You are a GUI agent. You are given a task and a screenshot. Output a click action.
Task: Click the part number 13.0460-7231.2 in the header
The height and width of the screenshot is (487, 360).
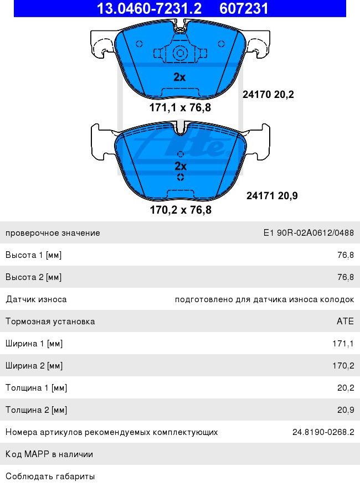click(149, 8)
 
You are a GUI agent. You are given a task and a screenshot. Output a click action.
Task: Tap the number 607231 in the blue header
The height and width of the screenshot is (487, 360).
click(244, 8)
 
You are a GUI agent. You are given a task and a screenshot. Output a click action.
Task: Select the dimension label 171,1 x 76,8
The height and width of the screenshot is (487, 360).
click(180, 108)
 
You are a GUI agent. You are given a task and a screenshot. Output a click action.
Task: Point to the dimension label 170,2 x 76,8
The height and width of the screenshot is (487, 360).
click(181, 210)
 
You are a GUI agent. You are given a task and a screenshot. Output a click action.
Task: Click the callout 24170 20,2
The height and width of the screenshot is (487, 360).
click(268, 95)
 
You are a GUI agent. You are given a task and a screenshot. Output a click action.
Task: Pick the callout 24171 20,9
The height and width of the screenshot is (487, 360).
click(272, 195)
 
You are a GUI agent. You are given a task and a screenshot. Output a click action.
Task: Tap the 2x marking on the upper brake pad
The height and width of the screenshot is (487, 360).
click(179, 77)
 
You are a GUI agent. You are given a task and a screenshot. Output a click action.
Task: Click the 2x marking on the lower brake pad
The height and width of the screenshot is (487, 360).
click(181, 166)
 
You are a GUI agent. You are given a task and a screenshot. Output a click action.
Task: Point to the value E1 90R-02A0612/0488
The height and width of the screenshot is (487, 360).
click(308, 233)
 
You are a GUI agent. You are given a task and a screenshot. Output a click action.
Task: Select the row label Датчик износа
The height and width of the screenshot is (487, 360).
click(36, 299)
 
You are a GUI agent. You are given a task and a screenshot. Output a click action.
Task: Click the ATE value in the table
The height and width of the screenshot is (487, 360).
click(345, 322)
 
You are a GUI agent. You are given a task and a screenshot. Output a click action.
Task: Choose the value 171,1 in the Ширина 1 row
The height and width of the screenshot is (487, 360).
click(343, 344)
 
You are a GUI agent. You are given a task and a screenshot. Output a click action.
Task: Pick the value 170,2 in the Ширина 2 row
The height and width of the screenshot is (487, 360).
click(343, 366)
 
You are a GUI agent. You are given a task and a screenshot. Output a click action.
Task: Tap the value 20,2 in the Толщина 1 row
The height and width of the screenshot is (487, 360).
click(345, 388)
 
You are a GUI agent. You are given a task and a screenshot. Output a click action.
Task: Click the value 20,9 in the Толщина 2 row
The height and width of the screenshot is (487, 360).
click(345, 410)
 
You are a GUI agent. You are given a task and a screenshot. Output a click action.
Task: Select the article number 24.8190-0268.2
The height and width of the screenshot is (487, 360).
click(323, 432)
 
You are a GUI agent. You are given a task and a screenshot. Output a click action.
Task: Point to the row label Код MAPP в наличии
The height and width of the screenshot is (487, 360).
click(49, 454)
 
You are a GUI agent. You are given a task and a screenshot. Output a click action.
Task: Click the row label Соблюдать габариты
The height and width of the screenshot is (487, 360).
click(50, 476)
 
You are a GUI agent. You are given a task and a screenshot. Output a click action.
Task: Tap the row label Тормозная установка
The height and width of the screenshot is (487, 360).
click(50, 322)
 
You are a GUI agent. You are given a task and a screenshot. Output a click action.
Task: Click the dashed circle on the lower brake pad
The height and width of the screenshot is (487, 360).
click(180, 177)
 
